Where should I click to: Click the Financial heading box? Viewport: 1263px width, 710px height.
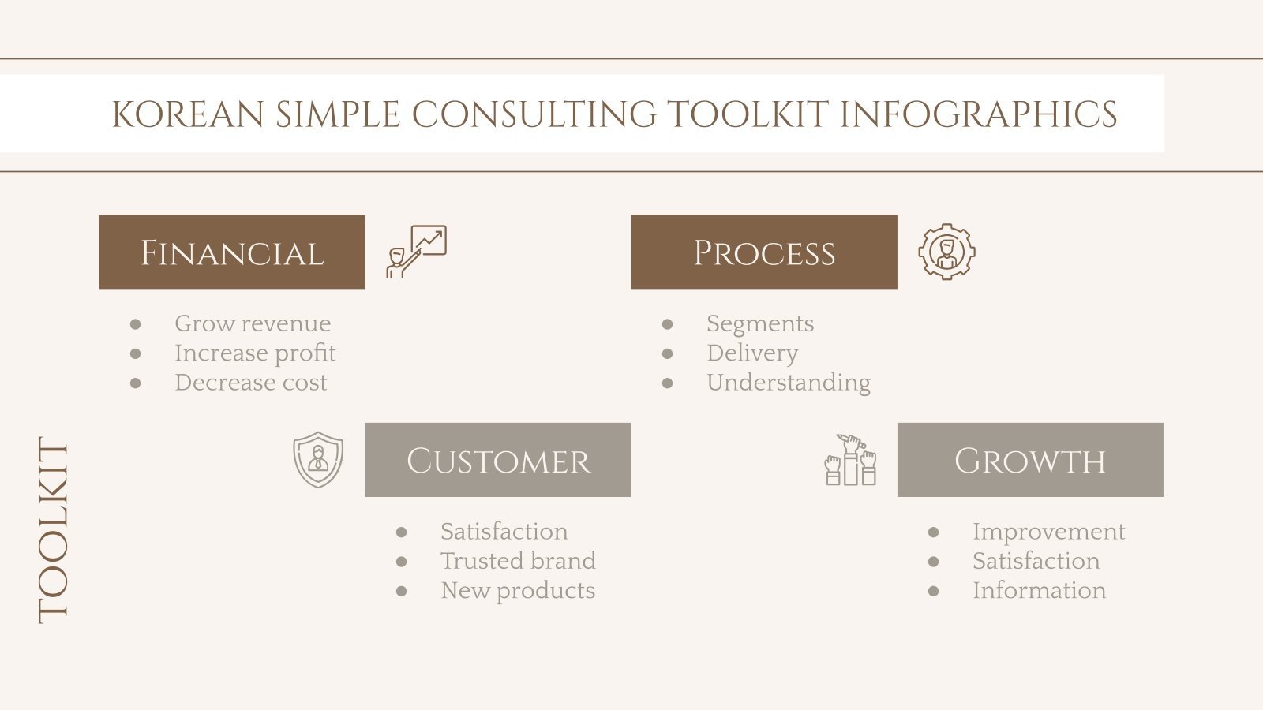tap(232, 252)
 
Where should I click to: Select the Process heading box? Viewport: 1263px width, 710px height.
tap(763, 252)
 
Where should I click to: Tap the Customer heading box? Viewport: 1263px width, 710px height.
tap(497, 460)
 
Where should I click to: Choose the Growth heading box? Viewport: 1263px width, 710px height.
tap(1029, 460)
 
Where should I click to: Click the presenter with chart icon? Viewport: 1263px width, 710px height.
tap(416, 252)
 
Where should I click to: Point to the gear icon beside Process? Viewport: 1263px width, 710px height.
tap(946, 252)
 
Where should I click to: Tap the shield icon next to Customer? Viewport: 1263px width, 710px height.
tap(318, 459)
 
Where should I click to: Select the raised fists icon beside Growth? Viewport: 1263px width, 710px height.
tap(850, 459)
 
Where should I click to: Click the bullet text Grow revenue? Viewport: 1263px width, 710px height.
tap(253, 323)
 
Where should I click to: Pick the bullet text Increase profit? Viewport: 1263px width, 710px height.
tap(255, 353)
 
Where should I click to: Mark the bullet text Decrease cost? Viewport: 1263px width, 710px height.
tap(250, 383)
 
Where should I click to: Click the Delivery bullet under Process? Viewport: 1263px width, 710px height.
tap(752, 353)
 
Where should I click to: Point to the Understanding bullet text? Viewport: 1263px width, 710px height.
tap(788, 383)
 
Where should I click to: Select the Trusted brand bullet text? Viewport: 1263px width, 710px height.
tap(518, 561)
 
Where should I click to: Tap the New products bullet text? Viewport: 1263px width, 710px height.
tap(518, 591)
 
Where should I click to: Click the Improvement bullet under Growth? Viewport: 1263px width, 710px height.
tap(1048, 532)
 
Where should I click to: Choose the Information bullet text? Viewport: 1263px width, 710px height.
tap(1039, 591)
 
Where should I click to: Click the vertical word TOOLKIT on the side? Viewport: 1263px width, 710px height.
tap(54, 530)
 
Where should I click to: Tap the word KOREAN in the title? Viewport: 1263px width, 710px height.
tap(188, 114)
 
